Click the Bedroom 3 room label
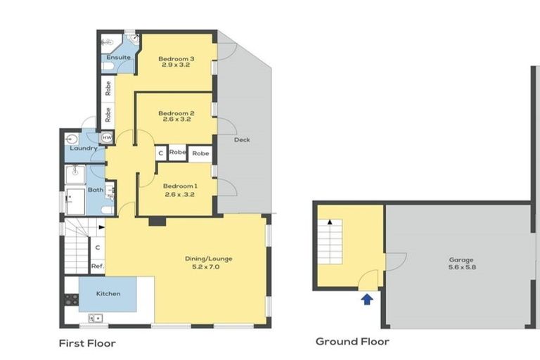[176, 58]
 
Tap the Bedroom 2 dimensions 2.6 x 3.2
[176, 120]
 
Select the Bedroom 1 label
[177, 186]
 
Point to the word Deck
[242, 140]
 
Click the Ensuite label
[117, 58]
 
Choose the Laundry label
[83, 148]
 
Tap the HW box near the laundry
[107, 138]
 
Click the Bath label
[96, 190]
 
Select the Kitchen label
[108, 293]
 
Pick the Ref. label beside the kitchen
[98, 266]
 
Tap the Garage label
[461, 259]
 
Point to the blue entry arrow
[366, 299]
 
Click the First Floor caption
[87, 344]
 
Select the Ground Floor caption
[352, 342]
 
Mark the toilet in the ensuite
[108, 66]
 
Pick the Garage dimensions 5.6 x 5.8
[461, 268]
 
